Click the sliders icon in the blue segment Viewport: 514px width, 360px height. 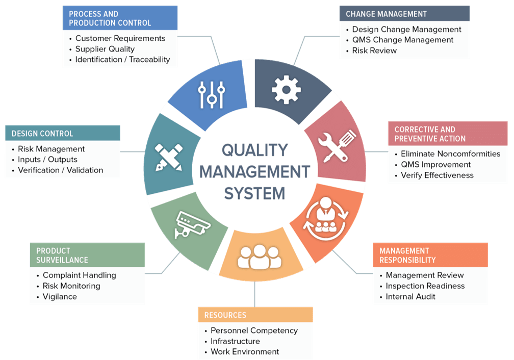(x=212, y=94)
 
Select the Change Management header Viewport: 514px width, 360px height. (x=386, y=14)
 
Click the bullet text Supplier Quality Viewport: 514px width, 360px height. (x=105, y=49)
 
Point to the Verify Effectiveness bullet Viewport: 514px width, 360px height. (x=437, y=175)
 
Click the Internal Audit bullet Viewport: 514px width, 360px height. (x=410, y=297)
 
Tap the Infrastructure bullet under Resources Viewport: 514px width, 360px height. (x=235, y=341)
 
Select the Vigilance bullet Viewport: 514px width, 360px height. (x=60, y=297)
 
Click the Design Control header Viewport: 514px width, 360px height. (x=42, y=134)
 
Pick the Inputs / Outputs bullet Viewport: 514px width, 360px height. (x=47, y=160)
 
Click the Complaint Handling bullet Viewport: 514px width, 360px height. (x=79, y=275)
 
